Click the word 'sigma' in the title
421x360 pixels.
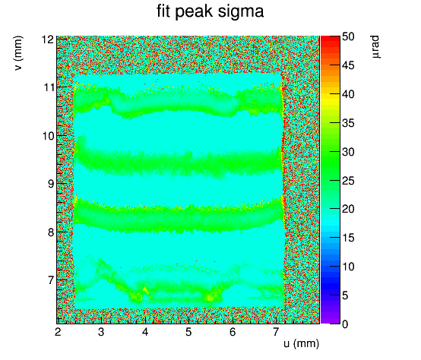241,12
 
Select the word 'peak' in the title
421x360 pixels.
194,12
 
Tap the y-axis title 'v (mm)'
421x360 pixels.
18,53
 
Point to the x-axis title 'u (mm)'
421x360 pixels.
301,343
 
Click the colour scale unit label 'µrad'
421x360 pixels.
375,46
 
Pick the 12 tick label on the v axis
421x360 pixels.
47,39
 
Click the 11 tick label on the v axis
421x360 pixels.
48,87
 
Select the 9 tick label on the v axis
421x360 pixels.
50,184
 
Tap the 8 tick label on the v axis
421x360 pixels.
50,232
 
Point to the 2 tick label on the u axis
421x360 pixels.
58,332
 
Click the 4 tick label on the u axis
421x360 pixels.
145,332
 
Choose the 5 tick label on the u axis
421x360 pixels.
188,332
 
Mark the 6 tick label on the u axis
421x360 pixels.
233,332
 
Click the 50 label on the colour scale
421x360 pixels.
348,36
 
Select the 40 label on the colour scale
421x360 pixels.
348,94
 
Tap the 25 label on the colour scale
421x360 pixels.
348,181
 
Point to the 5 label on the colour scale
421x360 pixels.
345,295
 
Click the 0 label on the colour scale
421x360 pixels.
345,324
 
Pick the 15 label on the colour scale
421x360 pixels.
348,238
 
